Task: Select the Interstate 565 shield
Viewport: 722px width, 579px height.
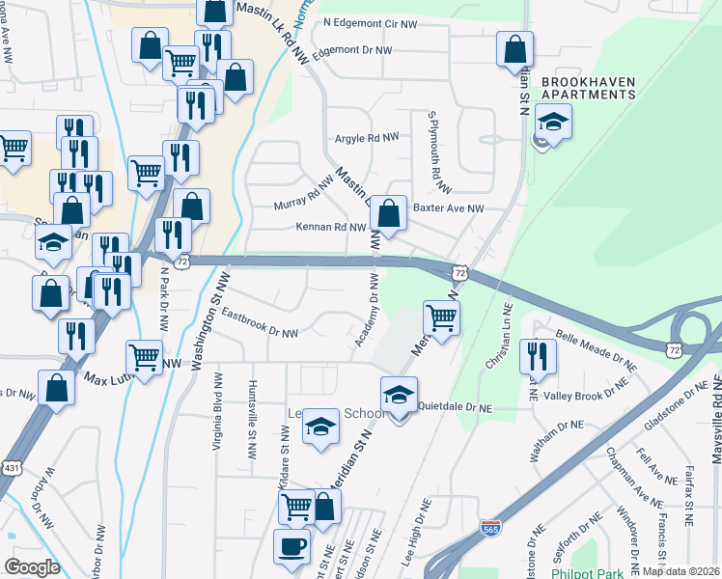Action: coord(490,529)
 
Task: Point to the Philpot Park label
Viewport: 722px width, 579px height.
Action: coord(583,571)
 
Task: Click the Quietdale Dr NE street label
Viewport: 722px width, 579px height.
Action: coord(455,408)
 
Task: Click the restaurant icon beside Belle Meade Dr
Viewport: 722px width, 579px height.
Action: coord(538,356)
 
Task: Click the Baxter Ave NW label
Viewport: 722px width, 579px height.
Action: coord(447,207)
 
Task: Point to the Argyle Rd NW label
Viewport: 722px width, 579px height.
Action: coord(367,139)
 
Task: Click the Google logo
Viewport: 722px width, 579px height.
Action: coord(32,566)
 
